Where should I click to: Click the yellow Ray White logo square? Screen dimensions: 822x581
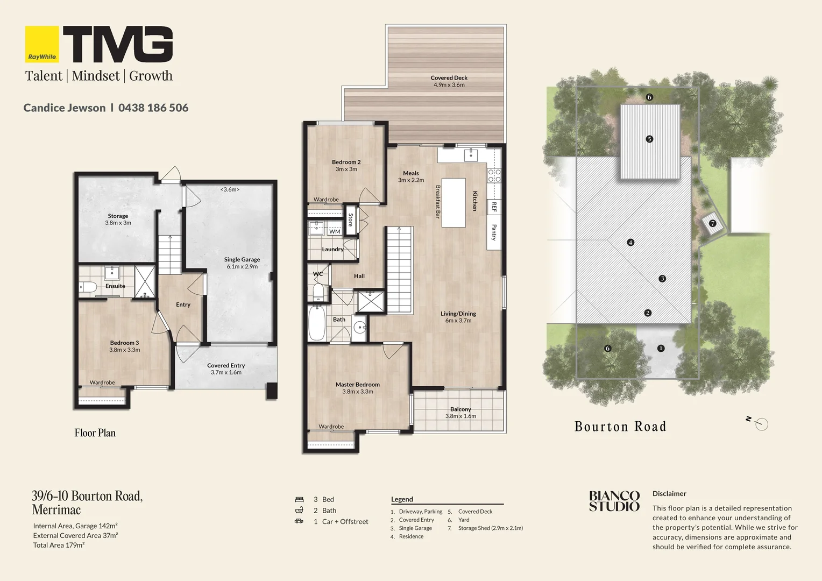(x=42, y=44)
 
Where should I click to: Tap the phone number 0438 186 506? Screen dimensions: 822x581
(x=153, y=108)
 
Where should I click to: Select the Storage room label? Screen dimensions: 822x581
(x=118, y=216)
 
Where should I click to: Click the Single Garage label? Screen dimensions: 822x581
(x=242, y=259)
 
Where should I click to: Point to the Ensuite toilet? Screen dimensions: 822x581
(x=88, y=287)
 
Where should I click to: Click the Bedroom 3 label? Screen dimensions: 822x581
(x=124, y=343)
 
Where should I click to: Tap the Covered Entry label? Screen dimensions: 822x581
(x=226, y=366)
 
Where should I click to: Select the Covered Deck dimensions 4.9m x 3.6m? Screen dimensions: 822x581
(x=449, y=85)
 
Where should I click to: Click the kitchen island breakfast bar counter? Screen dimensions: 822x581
(x=453, y=203)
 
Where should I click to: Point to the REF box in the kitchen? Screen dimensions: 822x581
(x=494, y=207)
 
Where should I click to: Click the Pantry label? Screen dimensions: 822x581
(x=494, y=232)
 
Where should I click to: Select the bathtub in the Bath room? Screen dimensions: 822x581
(x=316, y=323)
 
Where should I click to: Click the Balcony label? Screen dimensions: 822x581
(x=460, y=409)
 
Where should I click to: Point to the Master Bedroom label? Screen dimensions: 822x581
(x=357, y=385)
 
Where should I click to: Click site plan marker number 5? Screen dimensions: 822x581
(x=649, y=139)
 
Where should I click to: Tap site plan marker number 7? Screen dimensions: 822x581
(x=713, y=223)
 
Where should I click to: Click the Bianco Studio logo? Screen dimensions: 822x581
(x=614, y=501)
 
